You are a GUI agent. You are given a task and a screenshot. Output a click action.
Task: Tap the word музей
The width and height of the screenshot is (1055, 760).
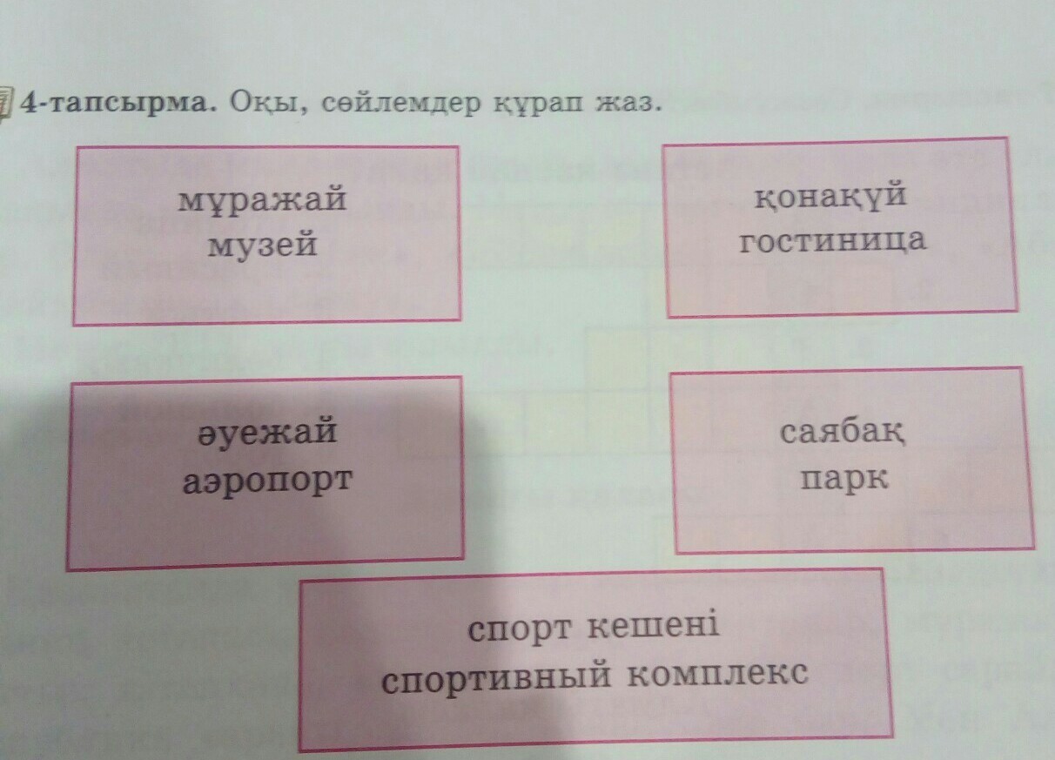[x=261, y=245]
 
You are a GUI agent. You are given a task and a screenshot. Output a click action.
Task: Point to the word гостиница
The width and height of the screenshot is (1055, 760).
[x=833, y=239]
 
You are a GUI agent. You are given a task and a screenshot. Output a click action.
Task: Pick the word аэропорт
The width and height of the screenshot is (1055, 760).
[x=267, y=479]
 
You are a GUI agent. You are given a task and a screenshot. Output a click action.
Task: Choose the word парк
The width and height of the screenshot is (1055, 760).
[x=844, y=479]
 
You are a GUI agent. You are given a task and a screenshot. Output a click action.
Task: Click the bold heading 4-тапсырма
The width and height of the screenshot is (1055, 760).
[x=119, y=104]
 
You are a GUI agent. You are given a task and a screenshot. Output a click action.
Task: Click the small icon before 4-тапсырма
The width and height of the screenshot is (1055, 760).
[x=6, y=103]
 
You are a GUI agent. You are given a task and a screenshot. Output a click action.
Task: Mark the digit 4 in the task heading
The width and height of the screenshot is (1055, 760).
[x=30, y=103]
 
